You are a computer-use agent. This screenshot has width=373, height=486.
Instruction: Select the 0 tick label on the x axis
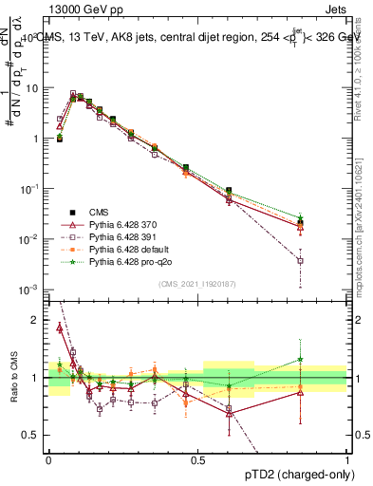tap(48, 459)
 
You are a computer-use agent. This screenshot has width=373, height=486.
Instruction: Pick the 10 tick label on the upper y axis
tap(32, 88)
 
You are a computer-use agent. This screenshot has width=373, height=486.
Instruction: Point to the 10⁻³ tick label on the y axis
tap(30, 289)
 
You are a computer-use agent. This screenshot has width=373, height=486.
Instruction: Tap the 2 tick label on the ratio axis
tap(37, 320)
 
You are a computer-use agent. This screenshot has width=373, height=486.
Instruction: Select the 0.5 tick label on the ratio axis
tap(32, 435)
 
